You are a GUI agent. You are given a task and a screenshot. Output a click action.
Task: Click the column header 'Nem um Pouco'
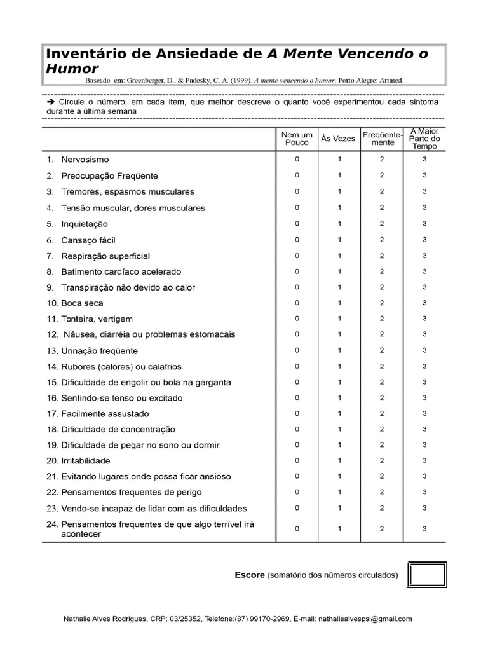point(297,139)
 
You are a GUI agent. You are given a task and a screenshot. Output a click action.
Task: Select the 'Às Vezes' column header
point(339,139)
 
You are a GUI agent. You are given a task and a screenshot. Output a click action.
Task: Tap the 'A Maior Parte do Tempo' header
point(424,139)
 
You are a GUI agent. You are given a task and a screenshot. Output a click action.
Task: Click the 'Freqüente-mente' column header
point(382,139)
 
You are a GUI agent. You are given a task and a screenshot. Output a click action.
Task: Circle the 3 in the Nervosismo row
point(424,160)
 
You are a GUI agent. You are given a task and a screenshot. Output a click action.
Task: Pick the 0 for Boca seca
point(297,303)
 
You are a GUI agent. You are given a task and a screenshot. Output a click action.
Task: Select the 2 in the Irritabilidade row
point(382,460)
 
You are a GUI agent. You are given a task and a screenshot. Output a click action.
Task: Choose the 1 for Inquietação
point(339,224)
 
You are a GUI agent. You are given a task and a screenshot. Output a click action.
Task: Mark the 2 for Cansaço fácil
point(382,240)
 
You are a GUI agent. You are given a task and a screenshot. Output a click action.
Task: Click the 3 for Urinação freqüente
point(424,350)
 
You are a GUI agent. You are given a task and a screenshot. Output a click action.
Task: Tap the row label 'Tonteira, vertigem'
point(97,319)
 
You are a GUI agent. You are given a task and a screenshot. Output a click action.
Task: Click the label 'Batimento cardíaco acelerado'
point(121,271)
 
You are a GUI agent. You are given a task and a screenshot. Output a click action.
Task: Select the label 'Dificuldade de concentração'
point(118,430)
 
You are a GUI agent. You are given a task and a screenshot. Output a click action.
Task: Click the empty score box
point(426,575)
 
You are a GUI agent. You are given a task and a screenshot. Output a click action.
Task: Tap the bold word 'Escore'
point(249,575)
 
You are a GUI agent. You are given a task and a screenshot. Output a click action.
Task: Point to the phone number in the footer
point(262,619)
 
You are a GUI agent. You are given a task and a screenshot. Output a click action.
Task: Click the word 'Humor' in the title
point(72,69)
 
